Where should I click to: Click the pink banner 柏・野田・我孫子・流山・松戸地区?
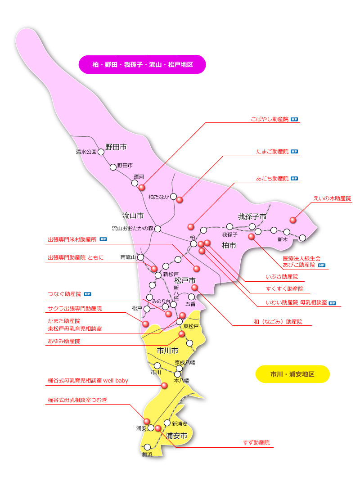click(142, 64)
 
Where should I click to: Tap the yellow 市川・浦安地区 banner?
click(292, 374)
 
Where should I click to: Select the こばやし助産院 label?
click(269, 120)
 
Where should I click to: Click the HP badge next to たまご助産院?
click(294, 152)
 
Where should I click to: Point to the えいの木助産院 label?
click(332, 198)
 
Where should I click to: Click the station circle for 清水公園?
click(101, 152)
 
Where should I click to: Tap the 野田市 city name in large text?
click(116, 147)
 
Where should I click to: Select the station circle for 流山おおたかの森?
click(157, 229)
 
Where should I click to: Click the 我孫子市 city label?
click(252, 216)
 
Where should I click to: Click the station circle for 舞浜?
click(147, 447)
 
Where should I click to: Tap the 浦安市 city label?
click(176, 436)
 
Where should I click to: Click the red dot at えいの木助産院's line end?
click(293, 220)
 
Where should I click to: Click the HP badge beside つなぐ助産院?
click(88, 294)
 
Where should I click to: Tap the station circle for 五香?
click(191, 297)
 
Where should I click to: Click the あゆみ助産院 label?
click(64, 342)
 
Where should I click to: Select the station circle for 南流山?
click(140, 257)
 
